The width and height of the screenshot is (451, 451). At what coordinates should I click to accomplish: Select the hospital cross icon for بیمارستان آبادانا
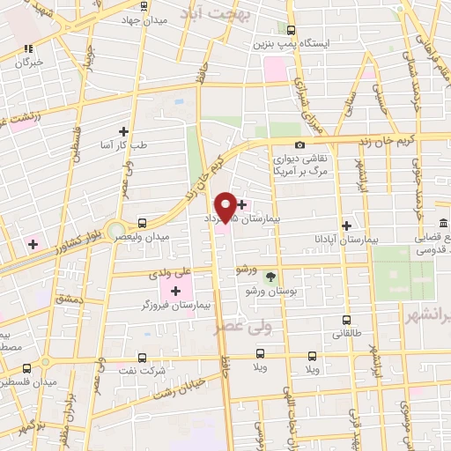coord(346,225)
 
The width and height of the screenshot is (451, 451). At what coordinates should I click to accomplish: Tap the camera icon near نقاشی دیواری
coord(300,144)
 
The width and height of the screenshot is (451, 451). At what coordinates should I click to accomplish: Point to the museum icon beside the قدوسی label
coord(442,225)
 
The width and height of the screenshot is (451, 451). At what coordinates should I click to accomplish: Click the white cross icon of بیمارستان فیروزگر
coord(175,290)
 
